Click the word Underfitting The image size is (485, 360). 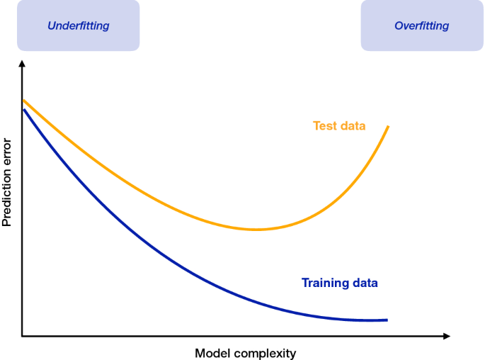tap(79, 26)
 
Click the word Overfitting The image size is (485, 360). tap(421, 26)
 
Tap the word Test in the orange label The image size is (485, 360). tap(324, 125)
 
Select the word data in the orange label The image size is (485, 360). tap(353, 125)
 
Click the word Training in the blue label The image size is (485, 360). tap(321, 283)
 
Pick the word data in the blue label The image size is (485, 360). tap(365, 283)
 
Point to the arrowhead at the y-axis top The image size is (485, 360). tap(22, 63)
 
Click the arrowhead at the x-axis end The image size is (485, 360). tap(447, 336)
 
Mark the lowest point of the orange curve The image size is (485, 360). tap(256, 230)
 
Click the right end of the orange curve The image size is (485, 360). tap(388, 126)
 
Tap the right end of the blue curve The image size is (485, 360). tap(387, 320)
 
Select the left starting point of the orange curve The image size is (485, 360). tap(23, 101)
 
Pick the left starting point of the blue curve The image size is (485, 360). tap(24, 110)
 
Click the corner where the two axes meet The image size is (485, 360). tap(22, 336)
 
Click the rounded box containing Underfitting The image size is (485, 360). tap(79, 26)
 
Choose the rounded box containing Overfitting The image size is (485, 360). tap(422, 26)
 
